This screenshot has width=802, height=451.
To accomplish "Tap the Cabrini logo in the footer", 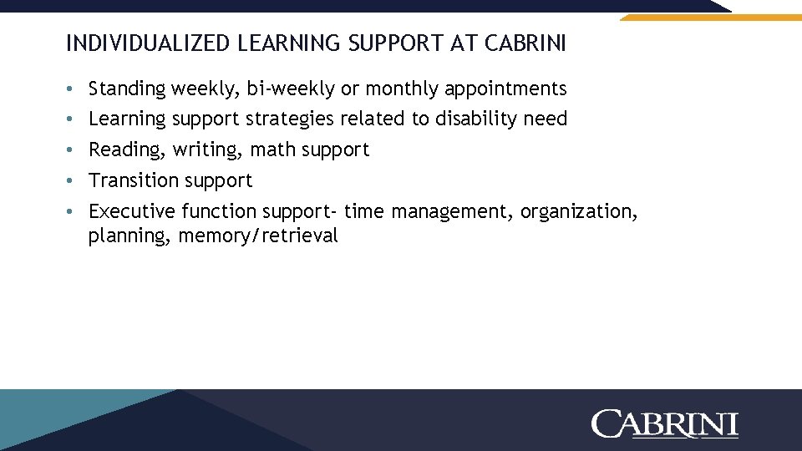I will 665,423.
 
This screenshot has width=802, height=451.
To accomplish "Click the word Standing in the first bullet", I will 127,89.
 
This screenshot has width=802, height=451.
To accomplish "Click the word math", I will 273,150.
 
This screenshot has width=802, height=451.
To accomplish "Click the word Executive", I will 132,211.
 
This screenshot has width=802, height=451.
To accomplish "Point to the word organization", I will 578,211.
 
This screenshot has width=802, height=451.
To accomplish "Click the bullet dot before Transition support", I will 73,181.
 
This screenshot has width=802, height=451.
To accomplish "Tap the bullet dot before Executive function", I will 73,212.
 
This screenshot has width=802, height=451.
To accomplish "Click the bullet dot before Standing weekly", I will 73,89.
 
